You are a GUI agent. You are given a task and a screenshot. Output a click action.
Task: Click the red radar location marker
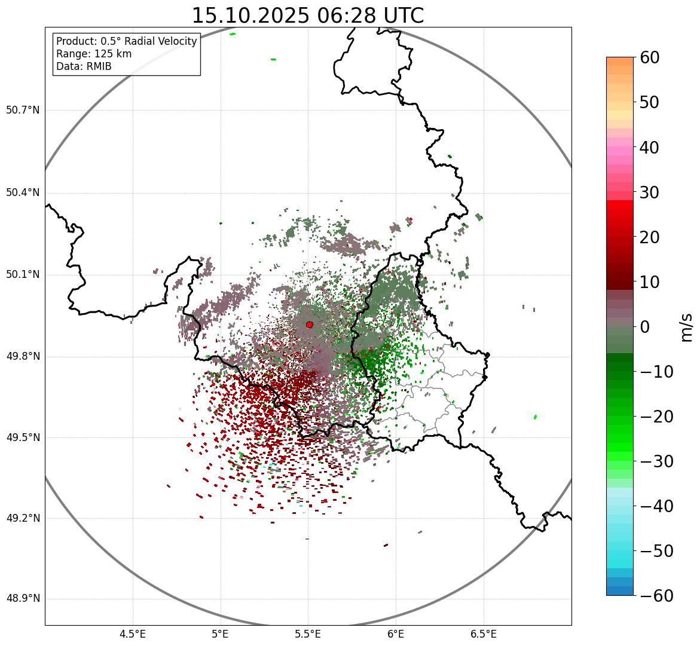point(309,324)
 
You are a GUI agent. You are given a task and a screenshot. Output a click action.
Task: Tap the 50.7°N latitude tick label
point(23,111)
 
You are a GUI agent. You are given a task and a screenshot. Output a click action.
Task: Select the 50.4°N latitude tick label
point(23,192)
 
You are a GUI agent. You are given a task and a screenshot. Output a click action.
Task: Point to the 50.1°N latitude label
point(23,275)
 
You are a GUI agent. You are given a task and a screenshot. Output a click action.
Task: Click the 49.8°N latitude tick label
point(23,357)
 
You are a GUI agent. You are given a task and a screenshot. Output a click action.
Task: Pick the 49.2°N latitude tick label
point(23,518)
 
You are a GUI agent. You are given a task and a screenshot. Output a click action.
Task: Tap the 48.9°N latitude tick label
point(23,599)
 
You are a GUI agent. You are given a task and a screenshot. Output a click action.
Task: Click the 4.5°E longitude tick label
point(133,633)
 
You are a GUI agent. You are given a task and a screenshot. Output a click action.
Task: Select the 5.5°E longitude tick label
point(308,633)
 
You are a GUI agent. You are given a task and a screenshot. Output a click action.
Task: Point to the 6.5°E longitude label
point(483,633)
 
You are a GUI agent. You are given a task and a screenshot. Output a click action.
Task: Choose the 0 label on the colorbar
point(645,327)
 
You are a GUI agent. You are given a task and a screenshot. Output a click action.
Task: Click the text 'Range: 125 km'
point(94,54)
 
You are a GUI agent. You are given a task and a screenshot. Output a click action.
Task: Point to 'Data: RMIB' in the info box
point(84,66)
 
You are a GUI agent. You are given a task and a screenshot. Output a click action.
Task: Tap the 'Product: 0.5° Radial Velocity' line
point(126,41)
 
